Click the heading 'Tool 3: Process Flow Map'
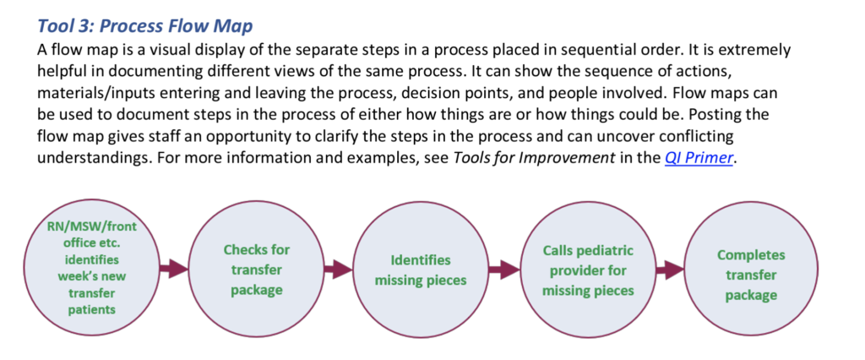[x=145, y=26]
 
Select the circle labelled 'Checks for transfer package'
[x=257, y=270]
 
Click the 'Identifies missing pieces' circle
[x=421, y=270]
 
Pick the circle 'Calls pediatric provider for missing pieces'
[x=588, y=270]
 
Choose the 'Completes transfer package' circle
[x=751, y=270]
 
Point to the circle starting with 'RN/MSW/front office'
[x=92, y=270]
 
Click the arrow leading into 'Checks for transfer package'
[x=174, y=270]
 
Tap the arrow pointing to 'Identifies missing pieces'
[x=338, y=270]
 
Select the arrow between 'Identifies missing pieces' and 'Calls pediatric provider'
[x=504, y=270]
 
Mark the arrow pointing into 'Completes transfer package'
[x=670, y=270]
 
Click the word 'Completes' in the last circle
[x=751, y=256]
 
